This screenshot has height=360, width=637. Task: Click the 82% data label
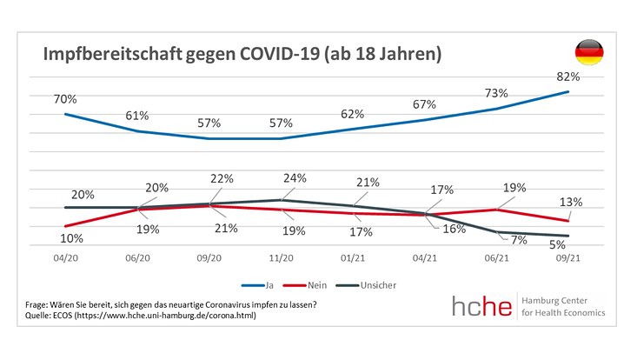[x=568, y=77]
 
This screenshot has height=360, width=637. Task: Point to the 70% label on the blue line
[x=65, y=98]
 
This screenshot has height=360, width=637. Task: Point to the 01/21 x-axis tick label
[x=353, y=259]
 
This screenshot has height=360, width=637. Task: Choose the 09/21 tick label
[x=568, y=259]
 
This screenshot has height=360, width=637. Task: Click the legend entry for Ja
[x=271, y=283]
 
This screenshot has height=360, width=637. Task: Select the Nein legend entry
[x=321, y=283]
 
